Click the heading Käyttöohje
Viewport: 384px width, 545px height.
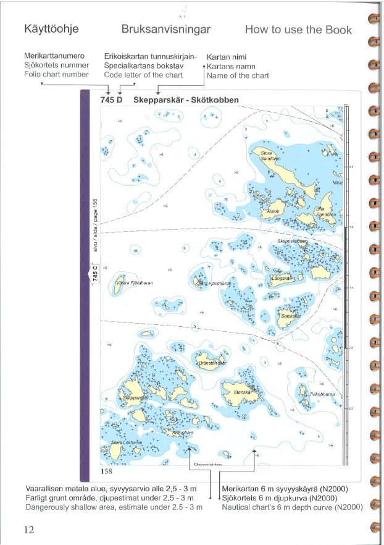tap(51, 30)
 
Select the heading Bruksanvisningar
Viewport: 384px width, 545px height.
tap(167, 30)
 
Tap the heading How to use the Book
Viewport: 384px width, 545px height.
tap(298, 30)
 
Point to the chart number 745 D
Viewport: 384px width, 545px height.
tap(111, 99)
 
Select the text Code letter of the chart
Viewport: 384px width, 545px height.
tap(144, 74)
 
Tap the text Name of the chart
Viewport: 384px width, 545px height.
tap(238, 75)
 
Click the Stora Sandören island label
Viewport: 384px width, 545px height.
tap(266, 155)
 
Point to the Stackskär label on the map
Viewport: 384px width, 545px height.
tap(290, 315)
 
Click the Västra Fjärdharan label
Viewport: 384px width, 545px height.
tap(135, 282)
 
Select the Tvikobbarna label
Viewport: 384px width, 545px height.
tap(322, 393)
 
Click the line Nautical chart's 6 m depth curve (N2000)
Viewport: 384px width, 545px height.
tap(288, 507)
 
